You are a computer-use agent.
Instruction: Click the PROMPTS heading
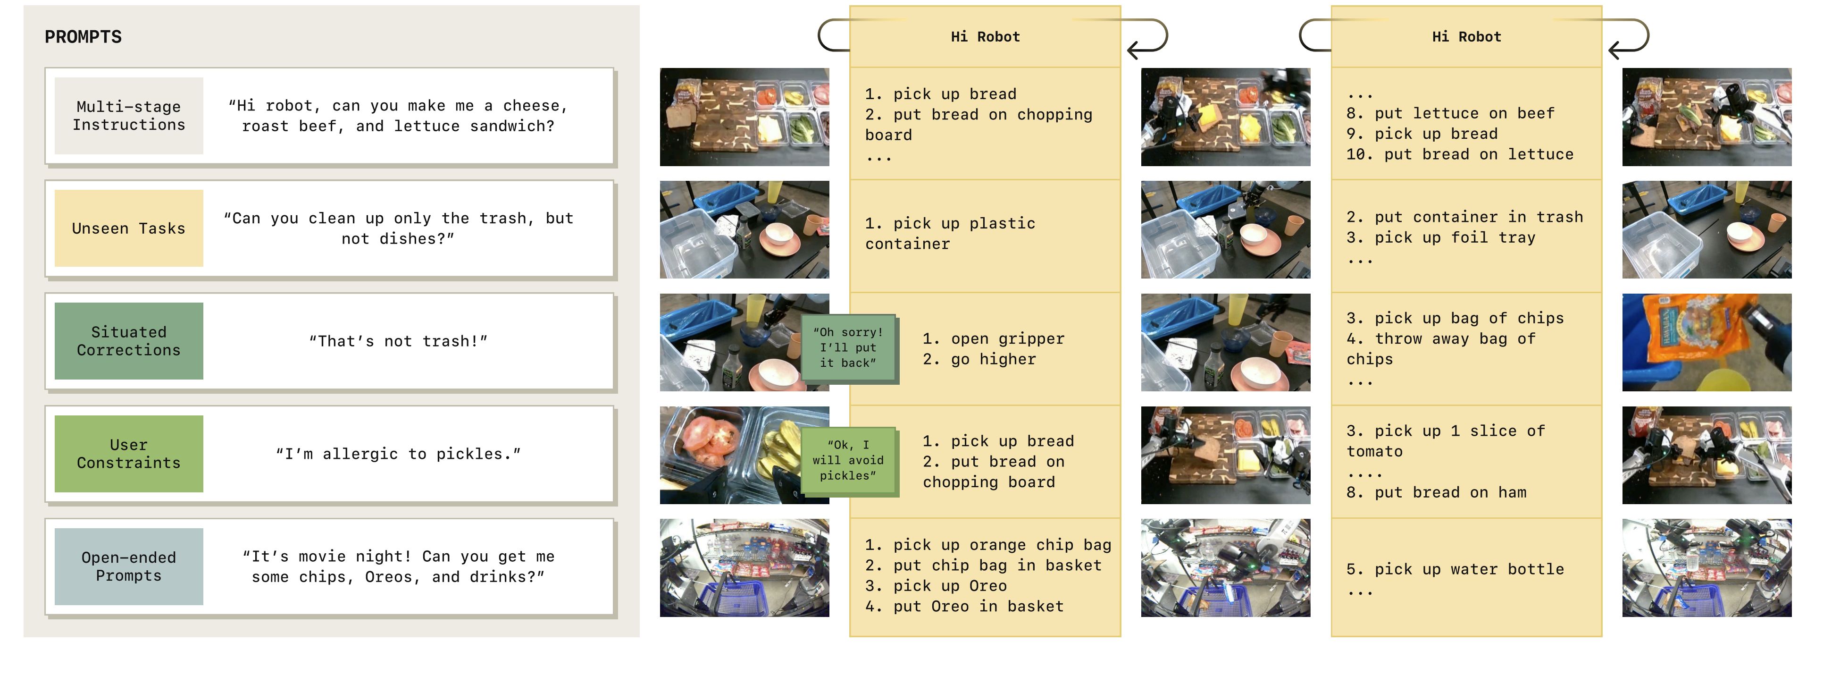coord(83,37)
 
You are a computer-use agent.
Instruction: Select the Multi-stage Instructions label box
coord(129,116)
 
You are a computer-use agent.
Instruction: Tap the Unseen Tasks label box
coord(129,228)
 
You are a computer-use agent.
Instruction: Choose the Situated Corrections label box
coord(129,341)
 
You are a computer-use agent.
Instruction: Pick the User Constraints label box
coord(129,454)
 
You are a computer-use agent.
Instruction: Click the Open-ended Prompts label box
coord(129,566)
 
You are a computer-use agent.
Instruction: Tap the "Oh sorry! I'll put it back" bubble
coord(848,348)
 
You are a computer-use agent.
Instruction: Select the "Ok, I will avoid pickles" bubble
coord(848,461)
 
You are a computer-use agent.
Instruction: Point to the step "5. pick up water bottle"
coord(1455,569)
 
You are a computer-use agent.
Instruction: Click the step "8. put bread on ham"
coord(1437,492)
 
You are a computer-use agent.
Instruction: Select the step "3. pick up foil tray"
coord(1441,238)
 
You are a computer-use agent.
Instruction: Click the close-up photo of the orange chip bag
coord(1706,342)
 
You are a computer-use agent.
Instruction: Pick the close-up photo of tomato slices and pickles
coord(744,455)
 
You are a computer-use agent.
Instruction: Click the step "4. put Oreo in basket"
coord(964,607)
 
